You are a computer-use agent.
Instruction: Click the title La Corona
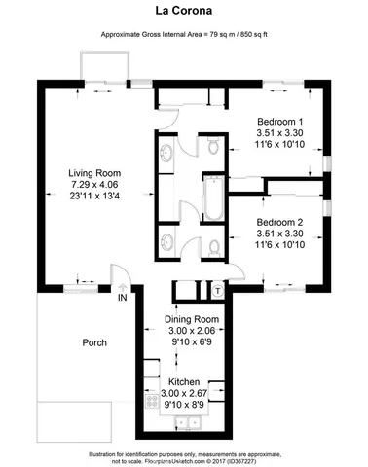click(183, 13)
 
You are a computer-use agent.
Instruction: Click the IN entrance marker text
click(123, 299)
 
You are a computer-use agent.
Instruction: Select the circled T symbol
click(218, 290)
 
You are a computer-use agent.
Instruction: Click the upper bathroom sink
click(166, 153)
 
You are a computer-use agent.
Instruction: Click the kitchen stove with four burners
click(152, 399)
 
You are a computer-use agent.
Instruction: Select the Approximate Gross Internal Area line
click(183, 35)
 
